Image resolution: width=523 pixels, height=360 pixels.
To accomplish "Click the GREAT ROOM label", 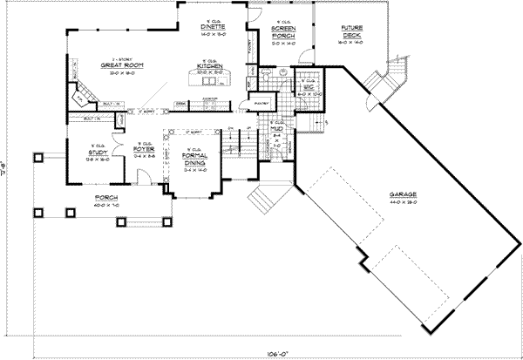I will pos(121,67).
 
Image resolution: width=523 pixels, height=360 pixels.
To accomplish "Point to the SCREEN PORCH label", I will pos(281,32).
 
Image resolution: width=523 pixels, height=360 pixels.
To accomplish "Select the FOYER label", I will pos(143,148).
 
